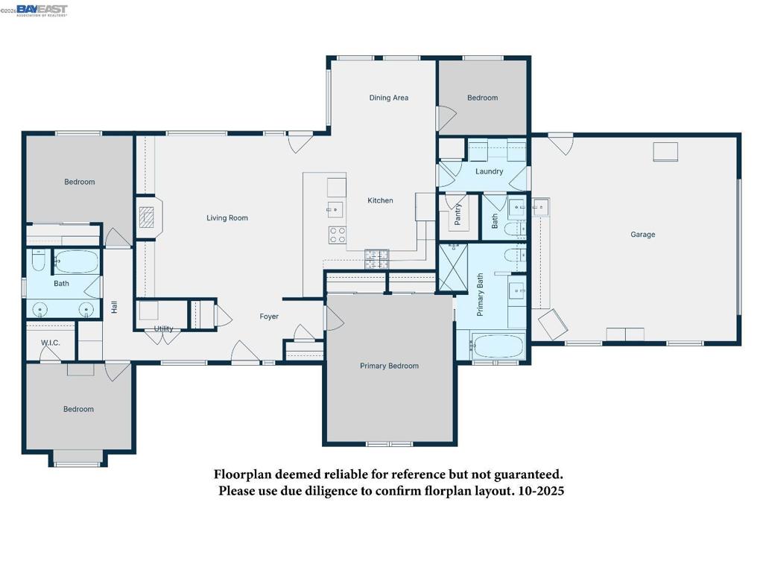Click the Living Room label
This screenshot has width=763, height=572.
227,218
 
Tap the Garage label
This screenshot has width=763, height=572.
643,235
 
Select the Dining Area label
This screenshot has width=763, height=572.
389,98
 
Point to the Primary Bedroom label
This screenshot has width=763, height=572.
389,366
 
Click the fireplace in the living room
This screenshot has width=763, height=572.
147,217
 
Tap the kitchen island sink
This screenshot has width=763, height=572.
335,209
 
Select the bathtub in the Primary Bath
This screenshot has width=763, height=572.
498,346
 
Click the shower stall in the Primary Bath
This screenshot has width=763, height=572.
453,267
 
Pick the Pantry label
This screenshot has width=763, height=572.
458,214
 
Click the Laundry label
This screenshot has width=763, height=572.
489,171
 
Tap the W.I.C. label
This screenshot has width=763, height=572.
51,343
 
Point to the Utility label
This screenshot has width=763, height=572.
163,328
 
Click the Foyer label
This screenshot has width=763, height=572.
269,317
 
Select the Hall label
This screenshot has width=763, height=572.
114,307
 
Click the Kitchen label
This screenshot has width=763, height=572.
380,200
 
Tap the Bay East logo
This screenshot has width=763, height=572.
42,10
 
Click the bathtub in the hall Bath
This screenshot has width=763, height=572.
77,261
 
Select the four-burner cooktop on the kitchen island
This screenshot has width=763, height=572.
338,235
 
